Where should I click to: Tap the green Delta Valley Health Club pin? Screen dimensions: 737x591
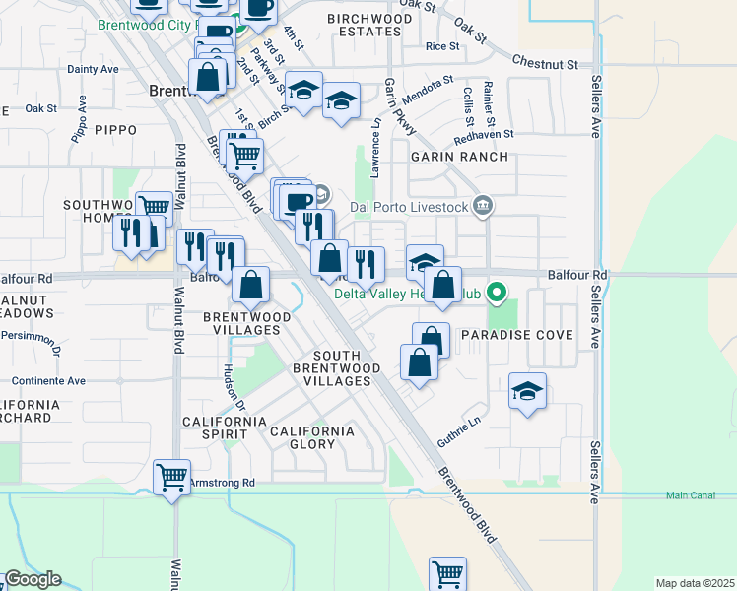point(498,293)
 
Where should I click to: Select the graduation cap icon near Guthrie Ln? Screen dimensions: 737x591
point(527,392)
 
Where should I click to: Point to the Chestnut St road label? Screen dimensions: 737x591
point(545,63)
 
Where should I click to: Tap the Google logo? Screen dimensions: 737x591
point(33,579)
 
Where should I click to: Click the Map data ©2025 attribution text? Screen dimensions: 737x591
point(695,583)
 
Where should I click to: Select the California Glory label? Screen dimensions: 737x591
point(311,437)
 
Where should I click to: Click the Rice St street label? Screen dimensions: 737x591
point(442,46)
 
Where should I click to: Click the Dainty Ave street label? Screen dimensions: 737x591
point(93,69)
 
